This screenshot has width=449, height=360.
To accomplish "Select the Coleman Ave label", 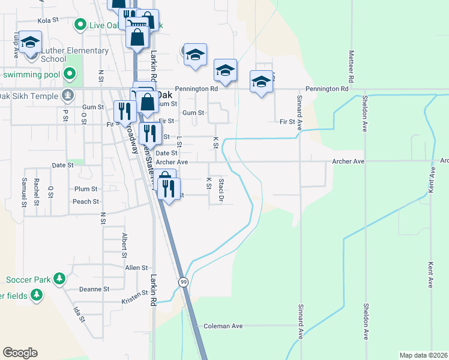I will coord(223,326).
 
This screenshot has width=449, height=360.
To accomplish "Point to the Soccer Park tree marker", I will coord(59,278).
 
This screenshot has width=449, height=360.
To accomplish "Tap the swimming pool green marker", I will coord(70,75).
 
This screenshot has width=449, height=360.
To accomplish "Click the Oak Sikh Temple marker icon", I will coord(68,95).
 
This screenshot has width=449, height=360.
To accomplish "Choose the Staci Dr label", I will coord(221,190).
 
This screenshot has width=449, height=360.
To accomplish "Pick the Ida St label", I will coord(79,314).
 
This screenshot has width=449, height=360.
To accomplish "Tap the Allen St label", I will coord(136,268).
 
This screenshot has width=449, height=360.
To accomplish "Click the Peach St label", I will coord(86,202).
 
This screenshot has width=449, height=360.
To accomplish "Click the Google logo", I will coord(20,353).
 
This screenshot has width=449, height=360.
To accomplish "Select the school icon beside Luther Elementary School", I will coord(29,43).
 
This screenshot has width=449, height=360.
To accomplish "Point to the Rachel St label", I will coord(37,192).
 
